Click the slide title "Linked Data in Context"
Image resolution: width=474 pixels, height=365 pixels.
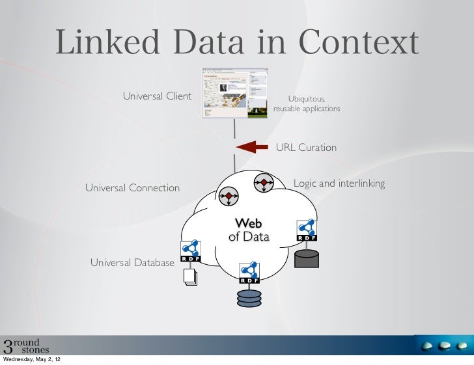pyautogui.click(x=236, y=44)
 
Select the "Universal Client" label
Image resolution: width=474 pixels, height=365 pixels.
pyautogui.click(x=157, y=97)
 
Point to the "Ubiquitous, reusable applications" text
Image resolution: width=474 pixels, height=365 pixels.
pyautogui.click(x=307, y=104)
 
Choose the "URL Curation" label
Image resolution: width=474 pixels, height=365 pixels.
pyautogui.click(x=307, y=148)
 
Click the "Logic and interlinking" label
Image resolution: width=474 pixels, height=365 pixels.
pyautogui.click(x=339, y=184)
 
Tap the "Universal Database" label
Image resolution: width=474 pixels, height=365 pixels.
pyautogui.click(x=132, y=263)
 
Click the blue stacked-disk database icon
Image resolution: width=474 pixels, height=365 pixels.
pyautogui.click(x=249, y=298)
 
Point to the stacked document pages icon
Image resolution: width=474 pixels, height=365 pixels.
pyautogui.click(x=190, y=278)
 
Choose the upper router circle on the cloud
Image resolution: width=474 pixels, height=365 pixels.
pyautogui.click(x=264, y=183)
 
